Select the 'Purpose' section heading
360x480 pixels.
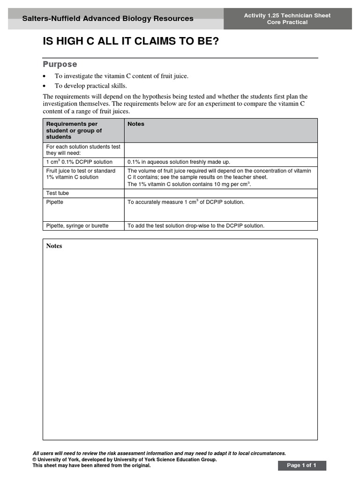coord(60,64)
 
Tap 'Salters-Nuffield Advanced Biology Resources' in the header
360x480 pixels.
coord(108,19)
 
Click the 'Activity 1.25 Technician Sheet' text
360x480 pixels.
coord(287,15)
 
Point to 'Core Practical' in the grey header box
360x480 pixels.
coord(287,22)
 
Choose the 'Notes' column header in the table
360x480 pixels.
coord(136,124)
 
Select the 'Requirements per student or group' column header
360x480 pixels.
coord(74,130)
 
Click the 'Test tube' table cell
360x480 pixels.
coord(58,193)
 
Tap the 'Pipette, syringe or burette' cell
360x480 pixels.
coord(77,226)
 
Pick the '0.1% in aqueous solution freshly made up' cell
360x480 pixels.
coord(179,162)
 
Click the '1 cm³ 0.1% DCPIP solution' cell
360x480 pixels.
coord(79,162)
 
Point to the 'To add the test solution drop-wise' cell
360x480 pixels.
coord(196,226)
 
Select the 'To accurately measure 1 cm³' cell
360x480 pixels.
coord(186,202)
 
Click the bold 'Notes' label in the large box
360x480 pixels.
coord(54,246)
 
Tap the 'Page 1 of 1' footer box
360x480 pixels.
coord(301,465)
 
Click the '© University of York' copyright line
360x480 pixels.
coord(124,460)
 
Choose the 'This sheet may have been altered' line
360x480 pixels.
coord(91,465)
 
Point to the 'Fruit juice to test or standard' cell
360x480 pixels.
coord(81,174)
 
